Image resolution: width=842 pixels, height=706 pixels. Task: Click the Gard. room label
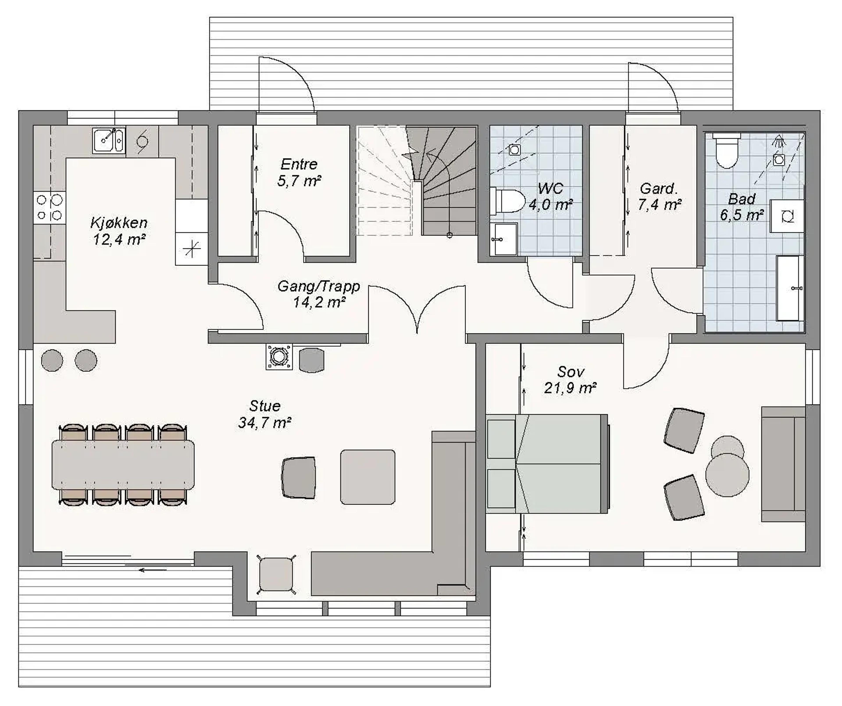[x=659, y=188]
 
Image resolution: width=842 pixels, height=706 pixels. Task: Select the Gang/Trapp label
[x=319, y=286]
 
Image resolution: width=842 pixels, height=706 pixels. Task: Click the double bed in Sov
[x=547, y=464]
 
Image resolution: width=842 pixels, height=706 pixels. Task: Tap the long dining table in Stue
[x=123, y=465]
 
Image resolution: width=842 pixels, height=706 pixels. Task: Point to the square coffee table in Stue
[x=368, y=477]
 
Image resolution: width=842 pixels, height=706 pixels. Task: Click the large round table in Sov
[x=727, y=475]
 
